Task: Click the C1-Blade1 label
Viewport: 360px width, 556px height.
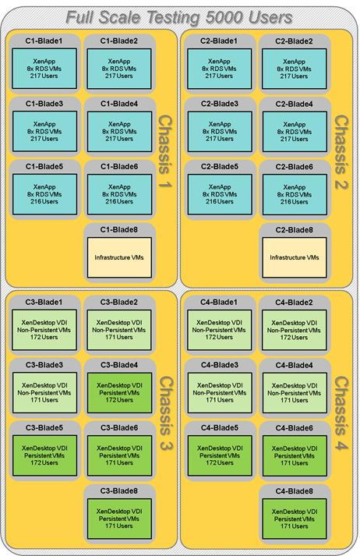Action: tap(44, 41)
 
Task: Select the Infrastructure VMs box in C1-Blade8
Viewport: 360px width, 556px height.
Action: tap(119, 257)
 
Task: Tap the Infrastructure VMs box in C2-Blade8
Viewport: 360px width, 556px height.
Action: tap(294, 257)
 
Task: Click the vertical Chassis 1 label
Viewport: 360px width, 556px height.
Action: tap(164, 151)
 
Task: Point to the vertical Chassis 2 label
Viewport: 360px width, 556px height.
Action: tap(341, 152)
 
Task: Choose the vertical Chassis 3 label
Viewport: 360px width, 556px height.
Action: tap(165, 413)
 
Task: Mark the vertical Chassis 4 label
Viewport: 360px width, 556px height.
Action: tap(341, 413)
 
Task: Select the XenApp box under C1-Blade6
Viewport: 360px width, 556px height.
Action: tap(119, 194)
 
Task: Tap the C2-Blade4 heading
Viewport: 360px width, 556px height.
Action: tap(294, 104)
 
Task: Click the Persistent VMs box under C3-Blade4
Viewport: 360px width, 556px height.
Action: tap(119, 392)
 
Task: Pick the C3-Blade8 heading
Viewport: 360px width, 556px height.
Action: tap(119, 491)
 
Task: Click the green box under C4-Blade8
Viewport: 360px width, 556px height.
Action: tap(294, 519)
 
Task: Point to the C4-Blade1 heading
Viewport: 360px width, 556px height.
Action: tap(219, 303)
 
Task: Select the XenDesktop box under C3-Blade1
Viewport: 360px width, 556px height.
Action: tap(44, 330)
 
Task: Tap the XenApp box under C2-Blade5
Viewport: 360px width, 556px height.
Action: tap(220, 194)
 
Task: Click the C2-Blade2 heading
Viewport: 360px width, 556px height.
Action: tap(294, 41)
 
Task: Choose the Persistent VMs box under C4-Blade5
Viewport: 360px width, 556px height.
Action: tap(220, 455)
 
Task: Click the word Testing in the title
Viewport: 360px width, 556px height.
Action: tap(174, 17)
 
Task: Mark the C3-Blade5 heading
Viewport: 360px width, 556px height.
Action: tap(44, 428)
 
